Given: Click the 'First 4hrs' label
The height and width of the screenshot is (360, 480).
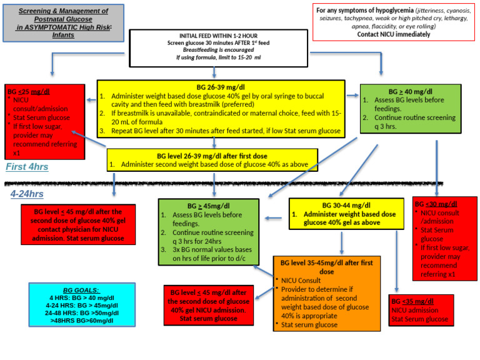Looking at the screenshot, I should point(27,167).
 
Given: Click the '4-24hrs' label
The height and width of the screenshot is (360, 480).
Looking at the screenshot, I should point(27,194).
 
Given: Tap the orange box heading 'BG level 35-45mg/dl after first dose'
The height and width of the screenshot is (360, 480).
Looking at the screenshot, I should point(326,267).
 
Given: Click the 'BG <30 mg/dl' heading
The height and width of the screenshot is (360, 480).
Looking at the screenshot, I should point(436,204).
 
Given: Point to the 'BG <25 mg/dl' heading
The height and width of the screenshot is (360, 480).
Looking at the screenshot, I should point(29,91).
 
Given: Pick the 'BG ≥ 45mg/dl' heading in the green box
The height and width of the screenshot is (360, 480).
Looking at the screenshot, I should point(208,206).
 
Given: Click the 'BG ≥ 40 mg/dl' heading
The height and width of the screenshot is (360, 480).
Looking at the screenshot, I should point(411,91).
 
